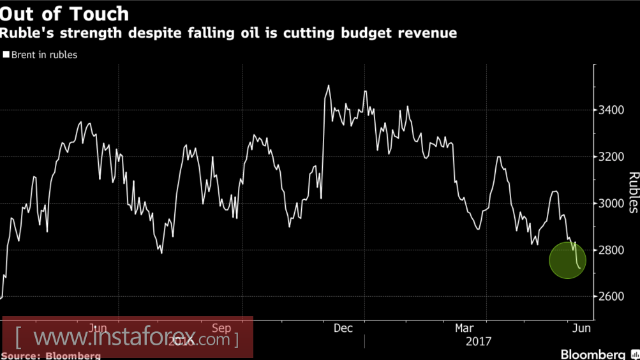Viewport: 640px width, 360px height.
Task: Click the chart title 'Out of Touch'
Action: [64, 13]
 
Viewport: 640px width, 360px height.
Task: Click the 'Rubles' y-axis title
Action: [634, 191]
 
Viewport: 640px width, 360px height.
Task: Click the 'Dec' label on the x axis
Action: [343, 328]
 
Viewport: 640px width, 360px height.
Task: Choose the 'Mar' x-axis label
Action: [464, 328]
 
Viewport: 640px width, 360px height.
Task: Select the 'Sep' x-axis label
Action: [221, 328]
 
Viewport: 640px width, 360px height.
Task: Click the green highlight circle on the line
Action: [567, 260]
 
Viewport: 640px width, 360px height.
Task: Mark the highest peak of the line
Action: [329, 86]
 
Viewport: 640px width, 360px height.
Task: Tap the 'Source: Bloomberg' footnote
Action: [51, 356]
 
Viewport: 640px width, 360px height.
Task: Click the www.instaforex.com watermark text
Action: [128, 338]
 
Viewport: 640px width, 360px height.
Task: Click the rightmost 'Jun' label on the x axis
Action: [581, 328]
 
